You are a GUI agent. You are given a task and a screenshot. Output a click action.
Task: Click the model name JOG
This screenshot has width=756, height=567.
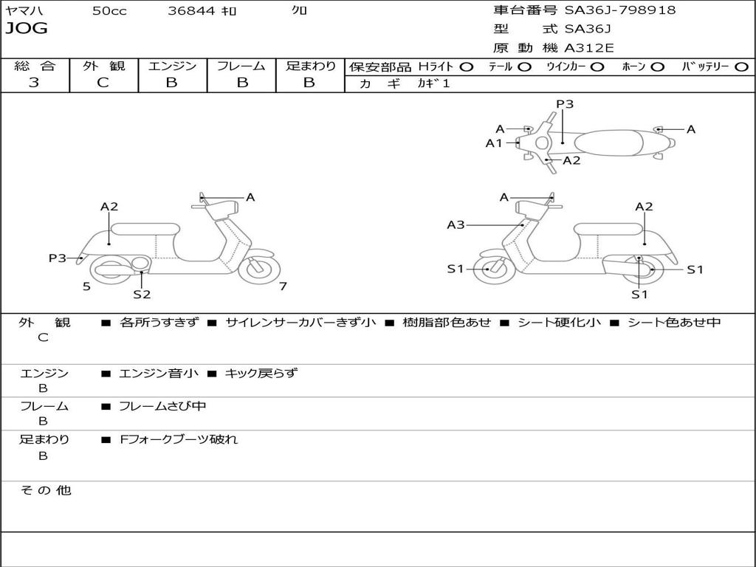click(x=26, y=29)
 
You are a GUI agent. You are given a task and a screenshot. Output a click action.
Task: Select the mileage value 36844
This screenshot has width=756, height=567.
click(x=191, y=11)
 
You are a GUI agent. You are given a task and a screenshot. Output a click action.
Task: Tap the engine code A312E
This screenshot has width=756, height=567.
click(x=588, y=48)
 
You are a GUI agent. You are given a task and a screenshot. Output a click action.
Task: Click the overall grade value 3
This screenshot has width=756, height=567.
click(x=34, y=83)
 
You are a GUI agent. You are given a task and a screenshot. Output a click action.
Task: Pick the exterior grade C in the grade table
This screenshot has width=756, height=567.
click(x=103, y=83)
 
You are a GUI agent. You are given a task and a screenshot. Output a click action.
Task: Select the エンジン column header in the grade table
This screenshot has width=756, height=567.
click(x=172, y=66)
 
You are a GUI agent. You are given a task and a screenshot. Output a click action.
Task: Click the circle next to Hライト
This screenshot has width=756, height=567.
click(x=466, y=66)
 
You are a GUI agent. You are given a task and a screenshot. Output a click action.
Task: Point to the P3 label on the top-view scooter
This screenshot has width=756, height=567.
click(x=565, y=104)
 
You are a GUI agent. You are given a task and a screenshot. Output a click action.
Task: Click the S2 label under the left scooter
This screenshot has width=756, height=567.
click(x=142, y=295)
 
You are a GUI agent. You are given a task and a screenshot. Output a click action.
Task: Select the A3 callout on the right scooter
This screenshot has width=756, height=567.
click(x=456, y=224)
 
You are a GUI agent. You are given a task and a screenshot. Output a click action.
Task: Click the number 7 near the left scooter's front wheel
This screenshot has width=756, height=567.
click(x=283, y=286)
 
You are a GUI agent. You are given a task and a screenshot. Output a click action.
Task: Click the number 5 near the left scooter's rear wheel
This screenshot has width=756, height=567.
click(x=86, y=286)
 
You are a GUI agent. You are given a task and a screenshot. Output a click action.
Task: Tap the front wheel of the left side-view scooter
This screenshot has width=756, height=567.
click(x=259, y=268)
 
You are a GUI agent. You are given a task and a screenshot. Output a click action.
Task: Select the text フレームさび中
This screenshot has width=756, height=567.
click(x=162, y=406)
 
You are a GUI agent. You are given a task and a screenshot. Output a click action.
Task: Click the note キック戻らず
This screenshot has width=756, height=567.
click(x=261, y=374)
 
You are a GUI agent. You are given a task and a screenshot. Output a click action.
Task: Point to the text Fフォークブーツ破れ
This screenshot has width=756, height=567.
click(x=178, y=439)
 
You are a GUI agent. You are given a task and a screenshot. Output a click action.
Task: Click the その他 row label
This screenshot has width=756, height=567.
click(x=45, y=490)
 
